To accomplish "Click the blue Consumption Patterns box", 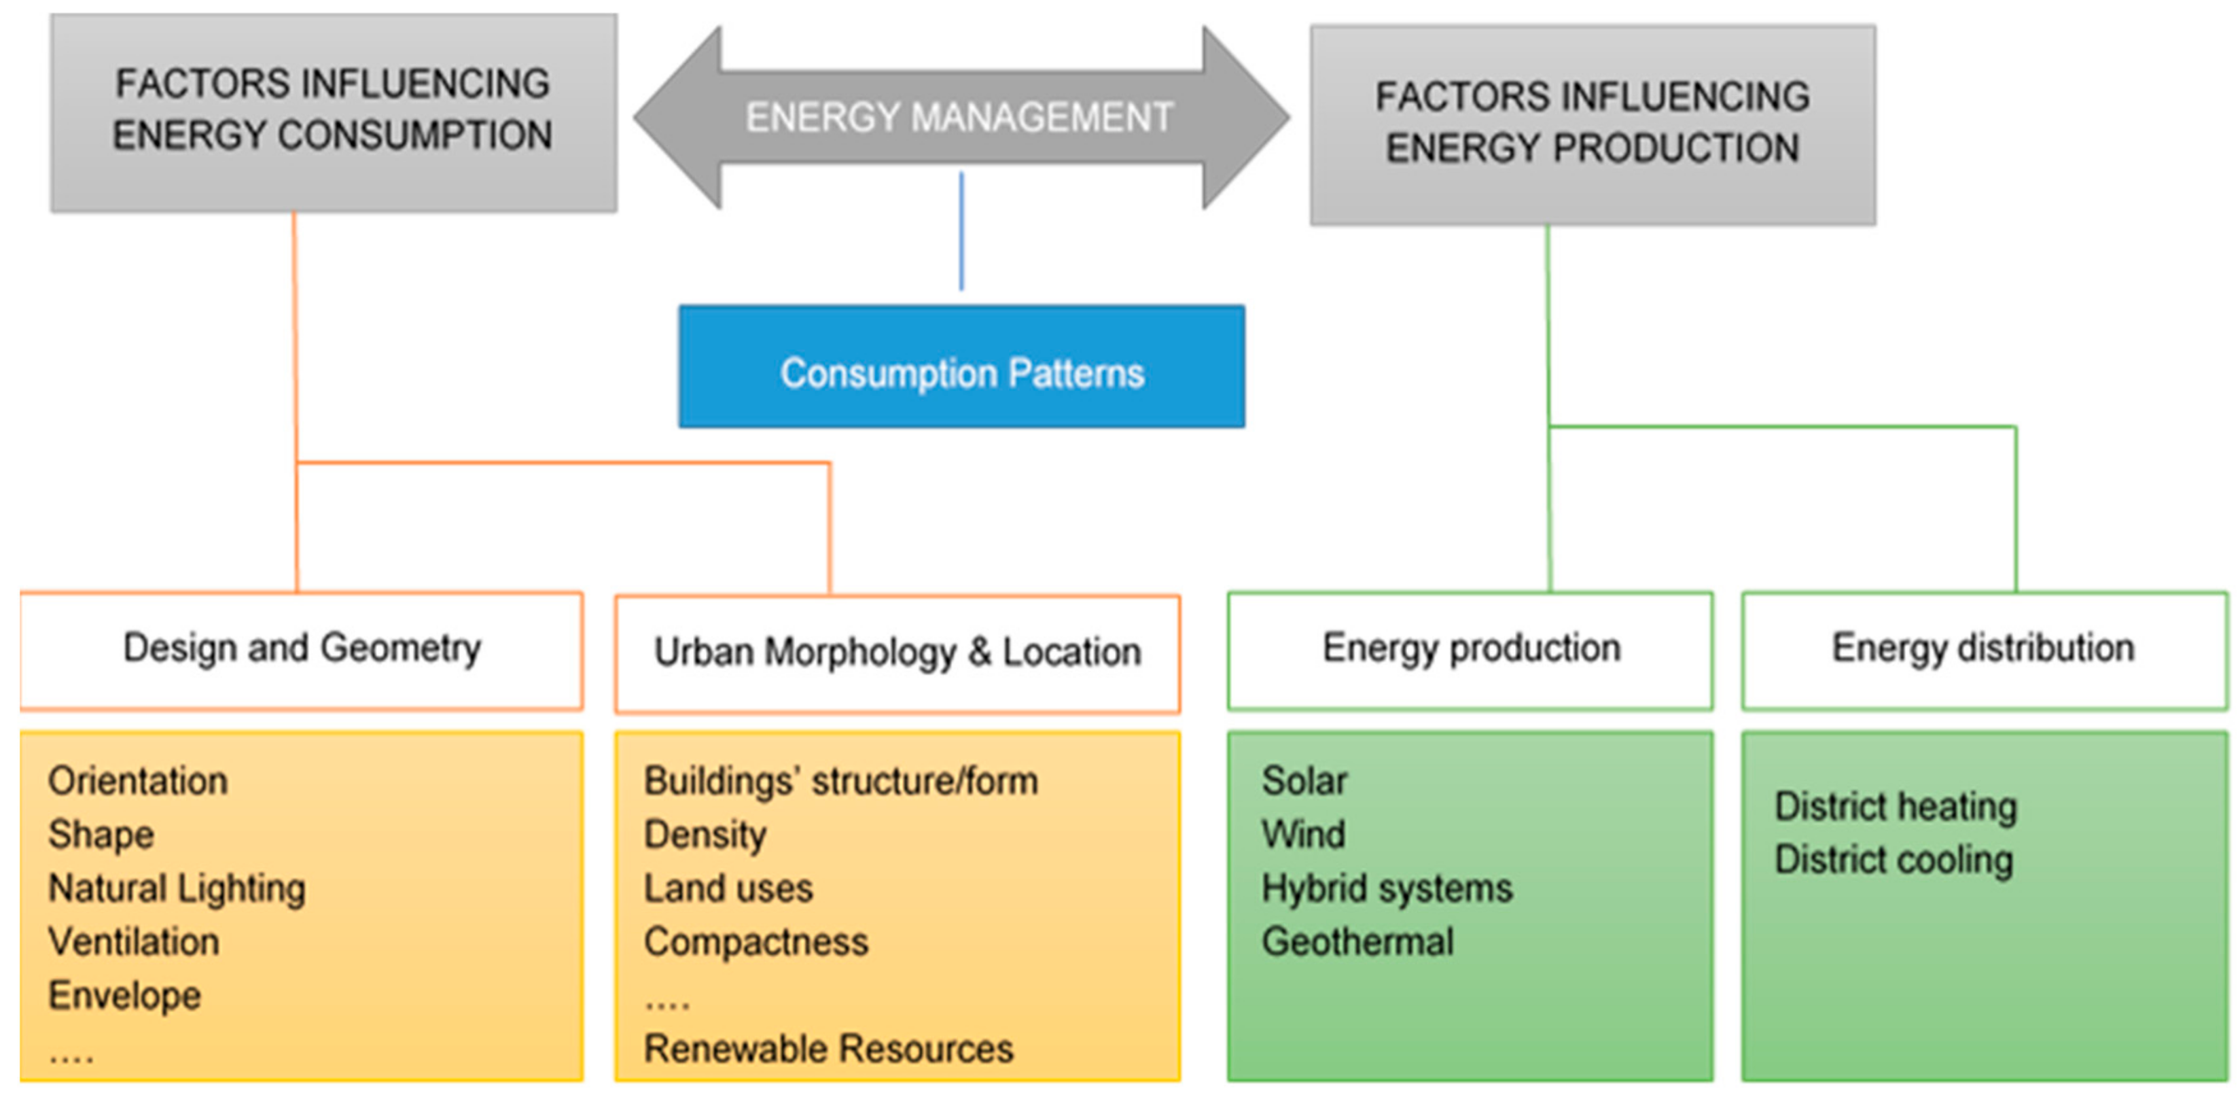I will click(961, 366).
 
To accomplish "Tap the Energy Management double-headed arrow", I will click(961, 118).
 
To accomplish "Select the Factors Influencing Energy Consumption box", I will click(334, 112).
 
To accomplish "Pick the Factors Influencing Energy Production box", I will click(1592, 124).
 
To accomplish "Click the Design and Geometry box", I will click(301, 650).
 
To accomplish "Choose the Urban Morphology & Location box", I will click(897, 653).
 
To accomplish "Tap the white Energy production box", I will click(1470, 650).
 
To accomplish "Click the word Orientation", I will click(137, 780).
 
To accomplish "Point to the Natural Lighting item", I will click(177, 888).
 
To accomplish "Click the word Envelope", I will click(124, 995).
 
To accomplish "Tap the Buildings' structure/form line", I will click(840, 780).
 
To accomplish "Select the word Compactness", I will click(755, 941).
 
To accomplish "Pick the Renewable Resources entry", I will click(828, 1048).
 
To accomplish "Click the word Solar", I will click(1304, 780).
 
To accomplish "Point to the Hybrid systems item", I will click(1387, 888).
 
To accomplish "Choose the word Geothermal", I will click(1357, 941).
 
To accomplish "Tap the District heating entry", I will click(1896, 807).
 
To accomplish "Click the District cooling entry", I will click(1894, 860).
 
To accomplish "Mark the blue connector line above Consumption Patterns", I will click(961, 231).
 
